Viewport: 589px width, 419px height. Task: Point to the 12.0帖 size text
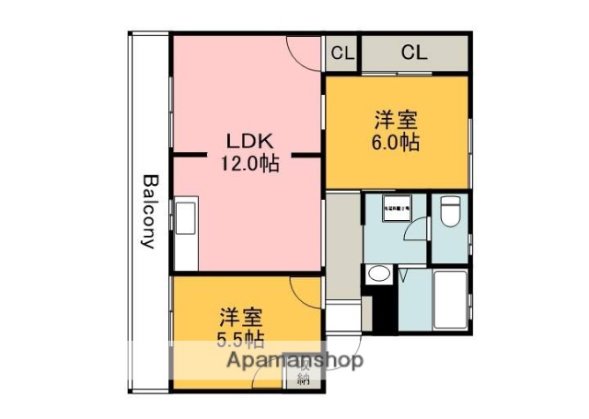coord(248,164)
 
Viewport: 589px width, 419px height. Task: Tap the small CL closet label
coord(341,54)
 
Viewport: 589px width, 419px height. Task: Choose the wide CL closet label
coord(414,54)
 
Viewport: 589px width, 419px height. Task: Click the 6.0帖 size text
coord(398,143)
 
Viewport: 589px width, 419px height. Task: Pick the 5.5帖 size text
coord(241,338)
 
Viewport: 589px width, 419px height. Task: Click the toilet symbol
coord(450,213)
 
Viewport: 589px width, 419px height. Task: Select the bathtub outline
coord(451,299)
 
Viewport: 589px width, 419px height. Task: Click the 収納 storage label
coord(304,376)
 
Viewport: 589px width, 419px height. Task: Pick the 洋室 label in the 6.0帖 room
coord(398,121)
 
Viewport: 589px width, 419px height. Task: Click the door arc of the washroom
coord(417,230)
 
